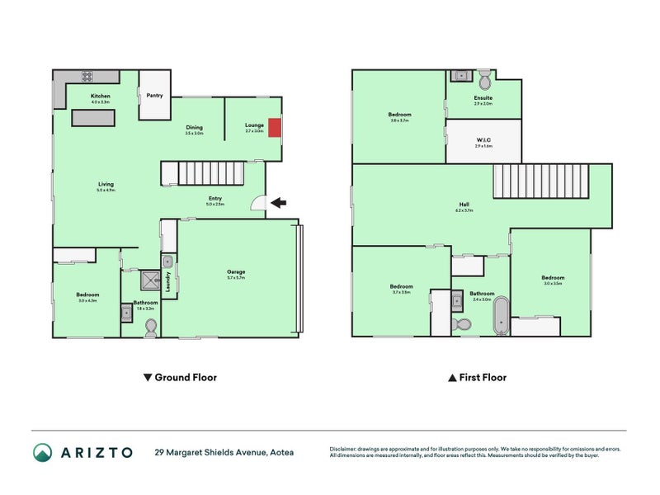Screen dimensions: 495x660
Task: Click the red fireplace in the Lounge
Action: click(x=276, y=129)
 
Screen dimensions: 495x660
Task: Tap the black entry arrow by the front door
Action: click(x=280, y=201)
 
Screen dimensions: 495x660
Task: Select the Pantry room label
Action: click(x=154, y=96)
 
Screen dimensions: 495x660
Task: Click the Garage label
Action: click(x=237, y=271)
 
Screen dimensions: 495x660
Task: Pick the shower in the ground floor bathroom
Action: click(x=151, y=280)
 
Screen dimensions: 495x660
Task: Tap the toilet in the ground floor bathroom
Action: click(x=150, y=328)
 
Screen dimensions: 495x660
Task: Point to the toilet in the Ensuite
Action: click(x=485, y=79)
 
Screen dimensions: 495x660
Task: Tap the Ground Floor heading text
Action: click(x=185, y=378)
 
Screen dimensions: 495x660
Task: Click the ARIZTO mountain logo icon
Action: click(x=43, y=451)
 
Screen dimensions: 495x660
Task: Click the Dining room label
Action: click(x=193, y=127)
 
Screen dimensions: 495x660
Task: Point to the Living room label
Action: click(x=106, y=184)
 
